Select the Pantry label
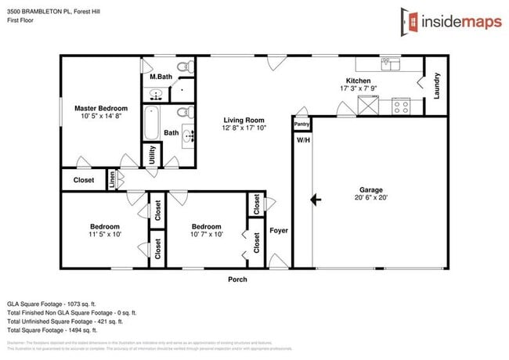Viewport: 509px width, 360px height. click(301, 124)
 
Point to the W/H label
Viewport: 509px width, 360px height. click(302, 140)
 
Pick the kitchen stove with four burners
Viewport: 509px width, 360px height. click(401, 104)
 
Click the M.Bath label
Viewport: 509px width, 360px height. click(161, 77)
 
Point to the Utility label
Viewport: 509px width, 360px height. click(151, 156)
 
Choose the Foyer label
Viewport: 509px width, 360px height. click(279, 231)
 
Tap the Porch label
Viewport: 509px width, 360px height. click(237, 279)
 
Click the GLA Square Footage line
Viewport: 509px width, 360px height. click(51, 302)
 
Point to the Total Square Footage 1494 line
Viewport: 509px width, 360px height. click(52, 330)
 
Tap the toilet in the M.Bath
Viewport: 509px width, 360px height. click(183, 66)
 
